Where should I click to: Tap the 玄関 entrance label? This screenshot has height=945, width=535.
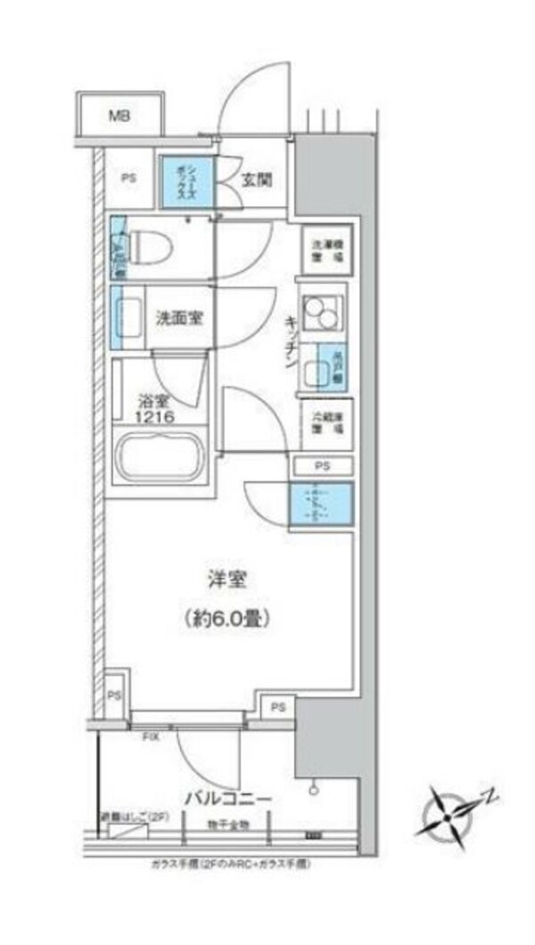257,178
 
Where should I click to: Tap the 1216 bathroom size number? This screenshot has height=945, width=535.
155,416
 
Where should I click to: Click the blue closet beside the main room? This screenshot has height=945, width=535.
320,505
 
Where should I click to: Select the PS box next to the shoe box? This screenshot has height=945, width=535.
130,177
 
